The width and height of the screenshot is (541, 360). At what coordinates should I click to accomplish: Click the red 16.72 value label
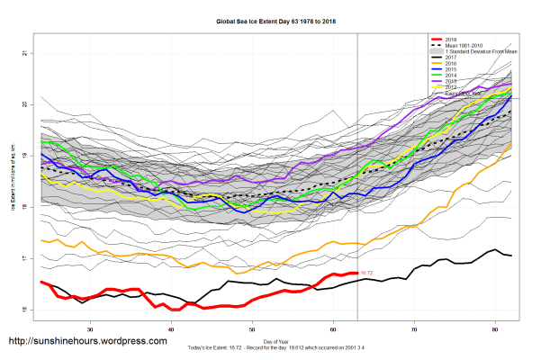(x=366, y=273)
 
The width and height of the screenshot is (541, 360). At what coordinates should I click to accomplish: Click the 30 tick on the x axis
(x=83, y=330)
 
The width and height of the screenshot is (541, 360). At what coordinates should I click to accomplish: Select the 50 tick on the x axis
(x=253, y=330)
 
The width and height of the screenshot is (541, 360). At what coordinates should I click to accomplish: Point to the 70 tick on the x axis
(x=414, y=330)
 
